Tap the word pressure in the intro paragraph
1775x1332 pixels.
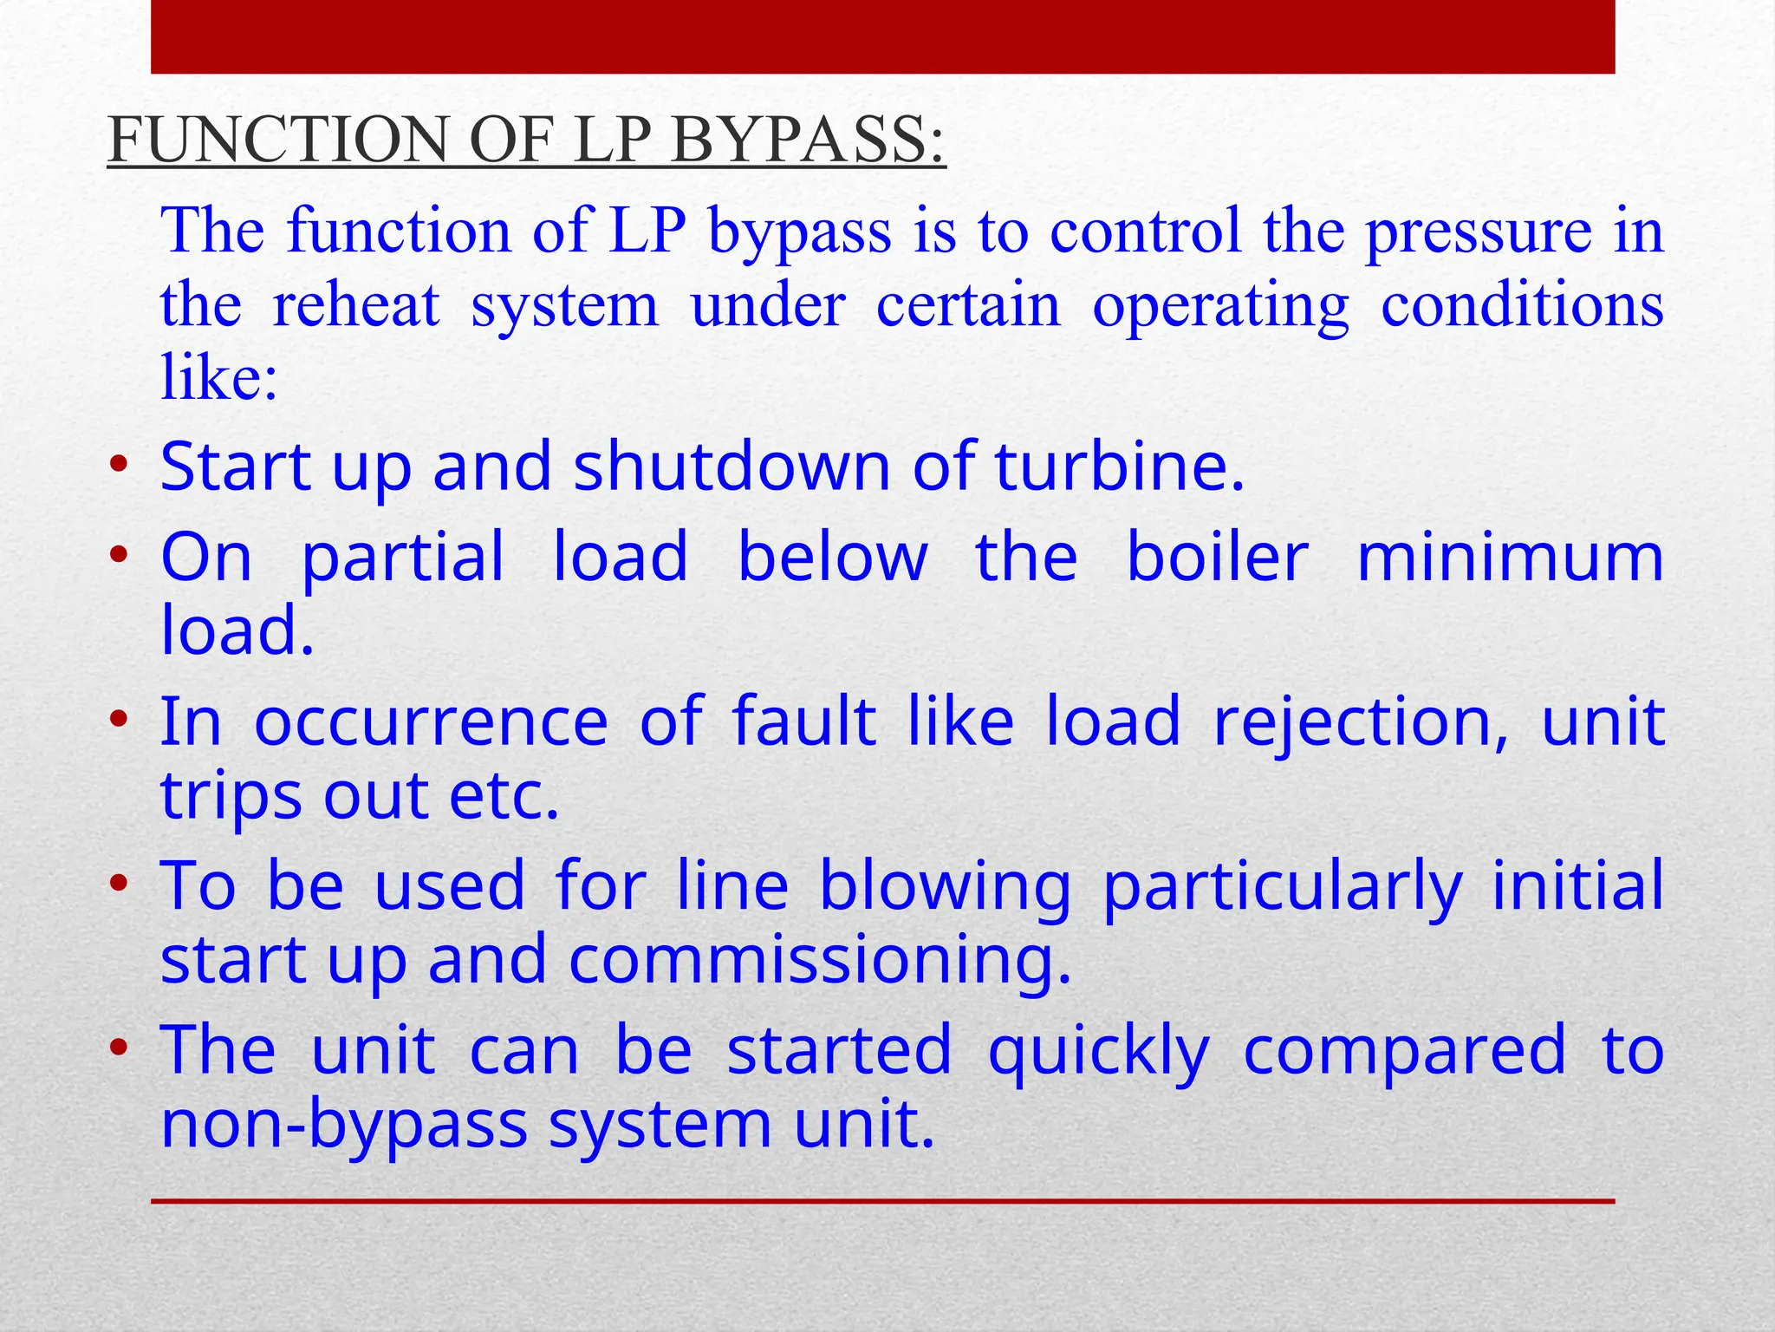click(1479, 232)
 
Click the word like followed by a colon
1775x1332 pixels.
click(218, 378)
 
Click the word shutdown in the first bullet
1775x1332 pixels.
click(732, 467)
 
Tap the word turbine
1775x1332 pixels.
click(1119, 467)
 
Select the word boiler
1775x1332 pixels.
click(1217, 557)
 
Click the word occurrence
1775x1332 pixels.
click(431, 721)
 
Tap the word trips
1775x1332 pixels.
click(231, 796)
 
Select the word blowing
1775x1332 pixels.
click(946, 886)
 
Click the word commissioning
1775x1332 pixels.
click(820, 961)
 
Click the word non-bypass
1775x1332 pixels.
click(344, 1125)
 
